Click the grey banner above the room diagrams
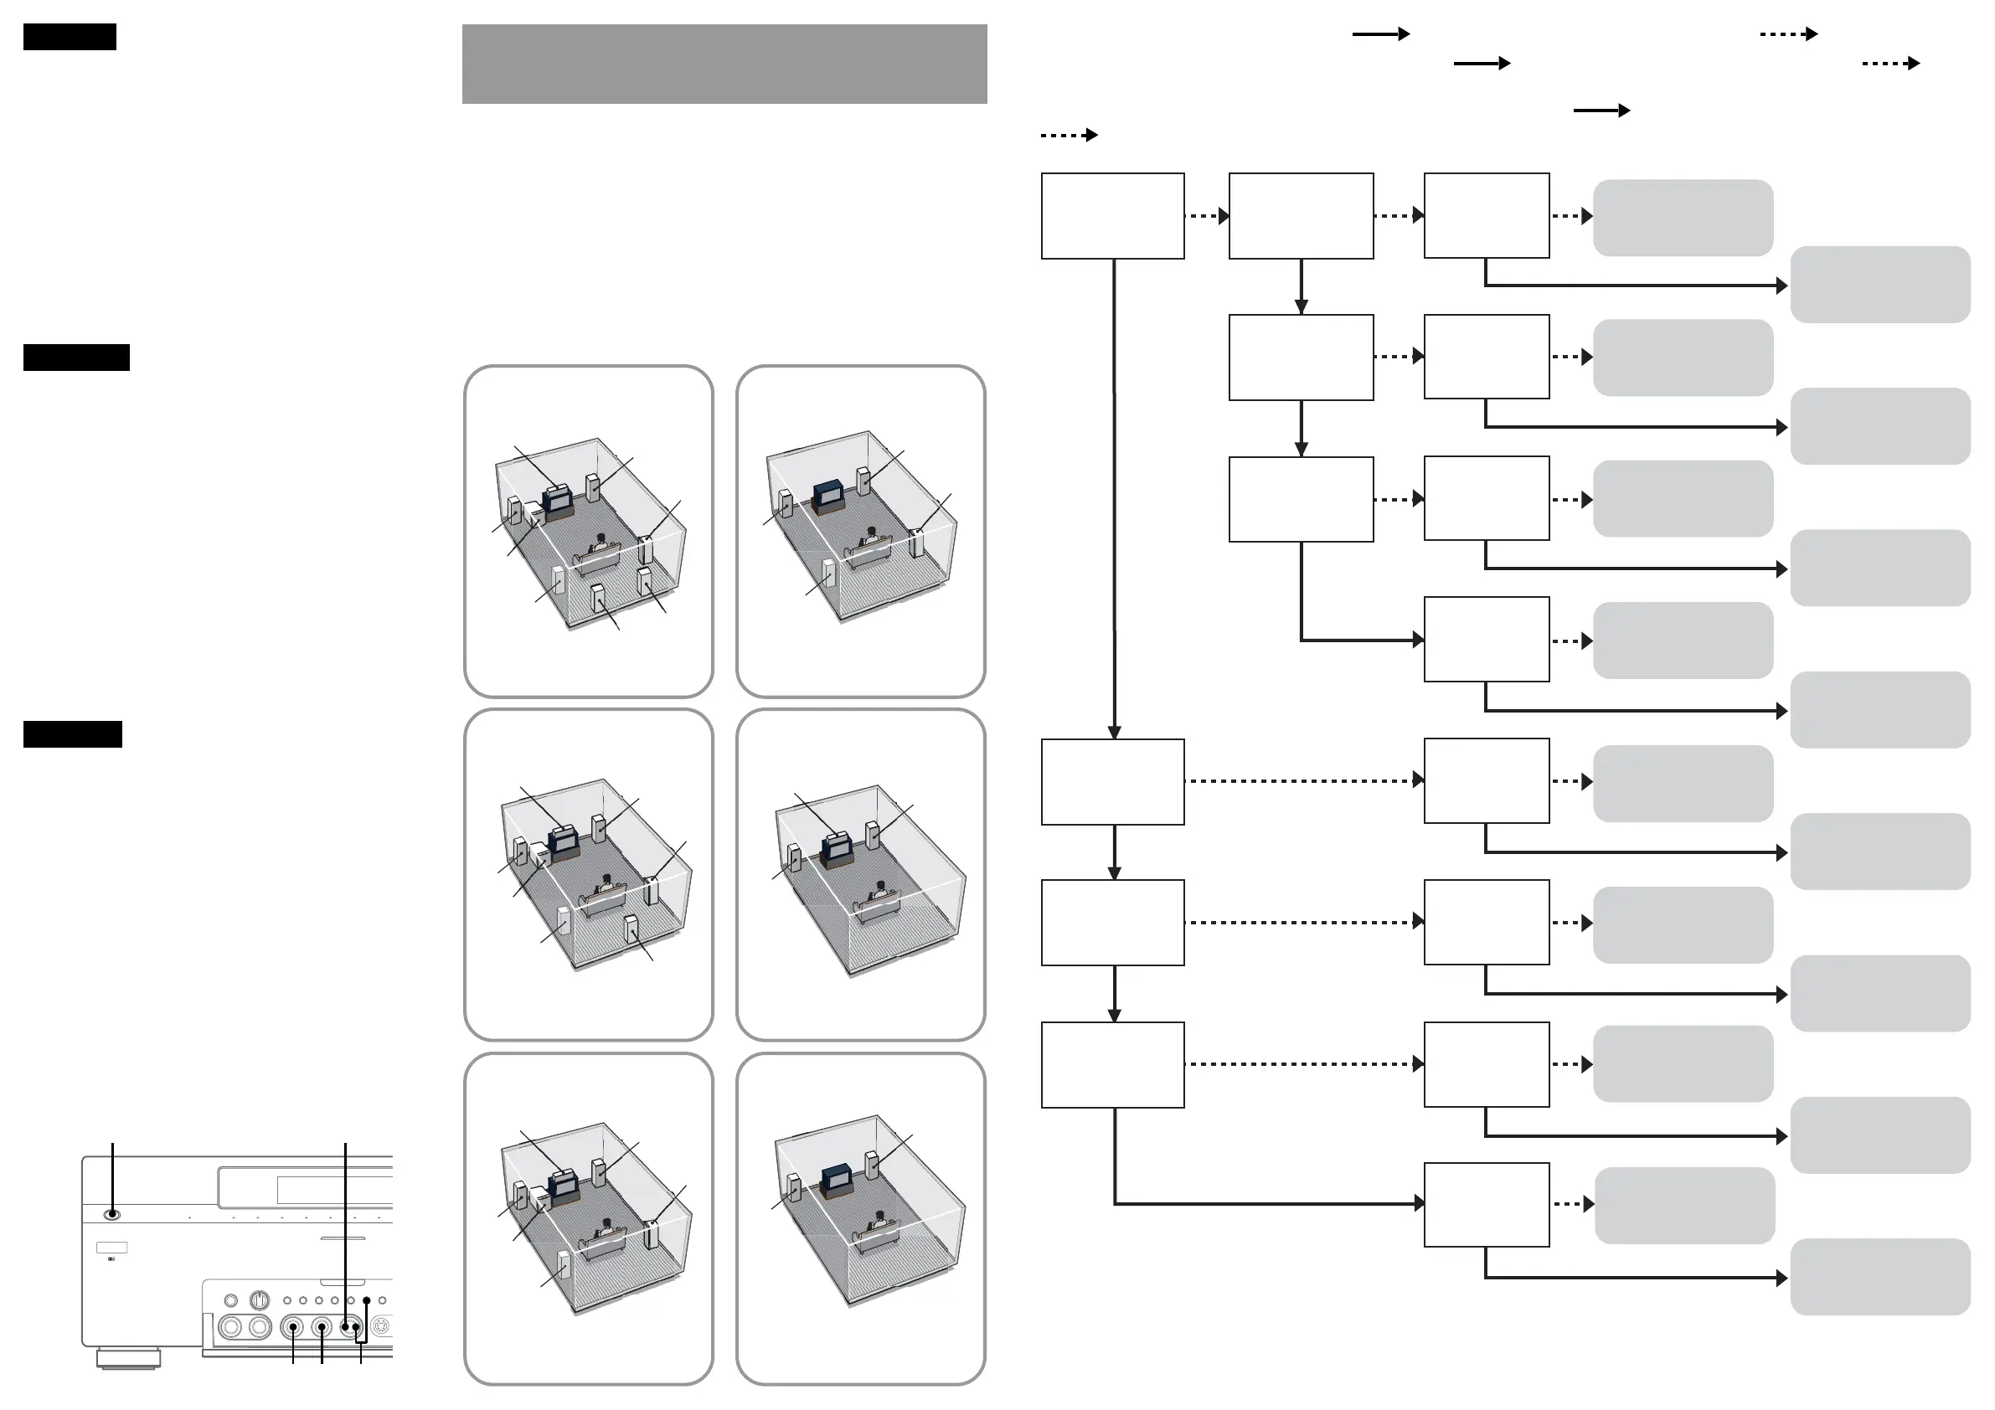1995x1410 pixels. coord(724,64)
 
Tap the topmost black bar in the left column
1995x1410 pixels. coord(70,37)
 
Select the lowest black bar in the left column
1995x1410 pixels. coord(72,734)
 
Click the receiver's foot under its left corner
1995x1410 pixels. coord(129,1358)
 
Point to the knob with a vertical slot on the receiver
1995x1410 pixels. coord(259,1300)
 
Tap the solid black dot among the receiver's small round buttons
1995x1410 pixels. coord(367,1300)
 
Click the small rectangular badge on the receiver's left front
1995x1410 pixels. coord(111,1248)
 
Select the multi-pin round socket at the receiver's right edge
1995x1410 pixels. coord(381,1326)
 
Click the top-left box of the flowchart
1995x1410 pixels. coord(1112,215)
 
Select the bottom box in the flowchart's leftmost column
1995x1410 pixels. coord(1112,1064)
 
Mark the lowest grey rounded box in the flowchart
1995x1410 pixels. coord(1879,1276)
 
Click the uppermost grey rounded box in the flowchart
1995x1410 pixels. coord(1683,217)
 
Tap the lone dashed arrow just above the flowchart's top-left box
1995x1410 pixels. coord(1069,135)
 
